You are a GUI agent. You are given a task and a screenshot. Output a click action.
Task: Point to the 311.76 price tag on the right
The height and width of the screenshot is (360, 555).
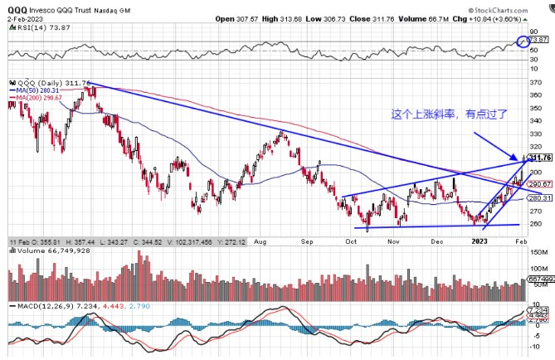click(539, 158)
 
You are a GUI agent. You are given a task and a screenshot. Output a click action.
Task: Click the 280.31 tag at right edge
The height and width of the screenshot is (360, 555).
click(539, 198)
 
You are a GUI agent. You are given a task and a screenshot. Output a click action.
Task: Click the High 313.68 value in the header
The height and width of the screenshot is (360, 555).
click(326, 17)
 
